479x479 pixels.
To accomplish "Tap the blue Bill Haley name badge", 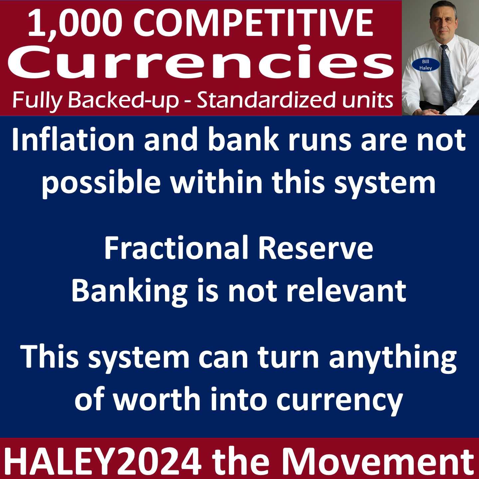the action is click(425, 65).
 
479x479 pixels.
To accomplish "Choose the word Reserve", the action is click(315, 248).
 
